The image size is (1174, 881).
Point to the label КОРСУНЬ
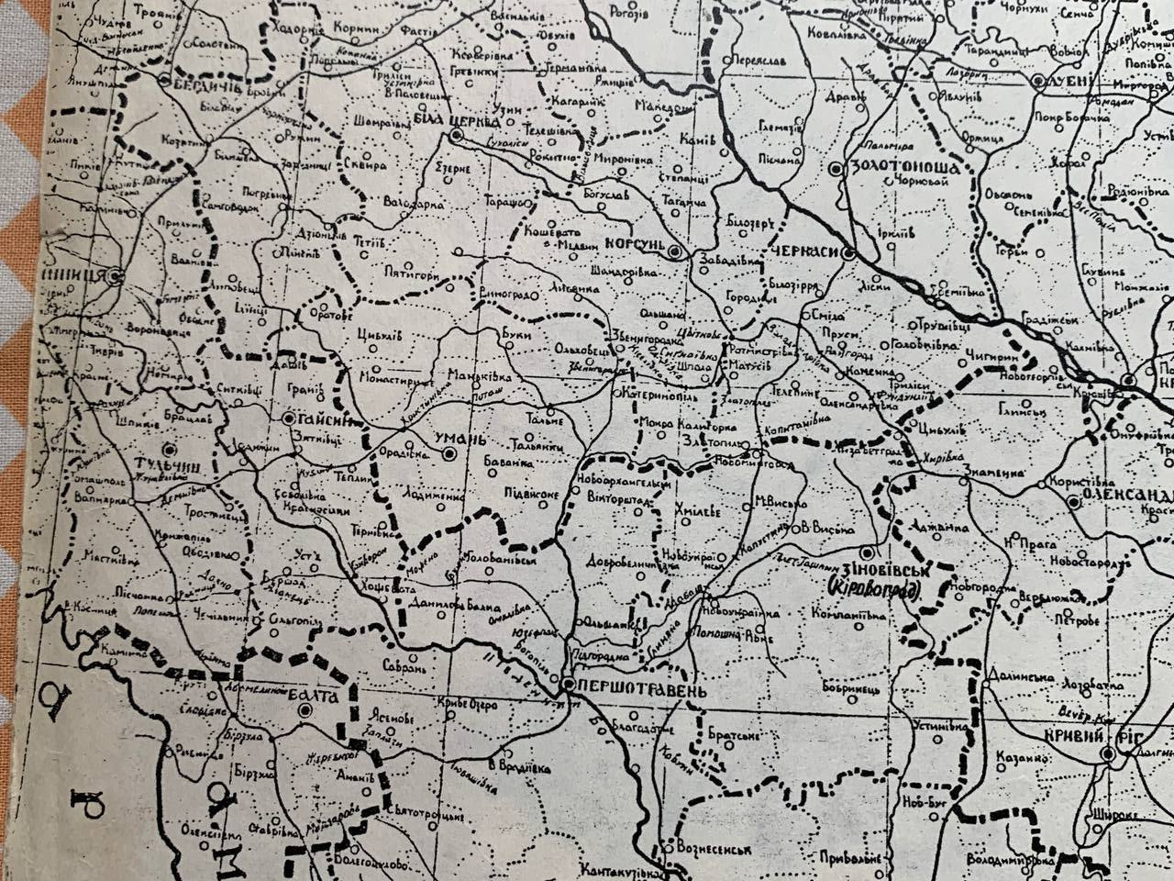[x=634, y=245]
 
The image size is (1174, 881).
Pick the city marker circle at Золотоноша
[x=835, y=169]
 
